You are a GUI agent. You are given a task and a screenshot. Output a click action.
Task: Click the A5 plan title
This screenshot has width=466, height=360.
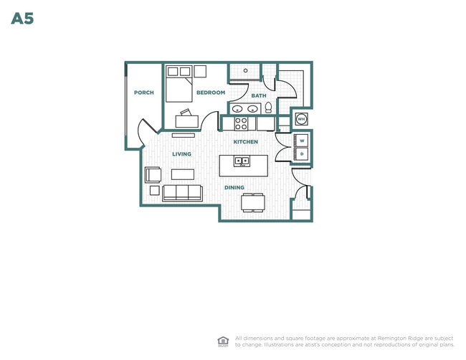pos(22,19)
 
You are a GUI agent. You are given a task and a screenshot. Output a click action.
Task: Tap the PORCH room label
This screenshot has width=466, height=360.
pos(144,93)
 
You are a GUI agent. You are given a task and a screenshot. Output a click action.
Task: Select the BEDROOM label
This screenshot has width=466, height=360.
pos(211,93)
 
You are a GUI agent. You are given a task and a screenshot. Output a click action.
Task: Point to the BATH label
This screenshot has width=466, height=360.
pos(259,95)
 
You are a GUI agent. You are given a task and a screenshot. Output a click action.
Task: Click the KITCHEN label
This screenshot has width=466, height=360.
pos(245,142)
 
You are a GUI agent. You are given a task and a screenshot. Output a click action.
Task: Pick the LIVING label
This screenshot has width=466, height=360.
pos(181,154)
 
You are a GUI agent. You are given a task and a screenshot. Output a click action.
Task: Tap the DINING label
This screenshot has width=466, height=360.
pos(234,188)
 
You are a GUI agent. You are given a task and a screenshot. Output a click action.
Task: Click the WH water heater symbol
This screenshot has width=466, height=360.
pos(301,119)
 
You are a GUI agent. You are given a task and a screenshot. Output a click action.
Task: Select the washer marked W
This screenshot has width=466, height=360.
pos(302,141)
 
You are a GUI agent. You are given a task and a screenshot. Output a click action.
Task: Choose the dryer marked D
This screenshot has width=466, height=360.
pos(302,154)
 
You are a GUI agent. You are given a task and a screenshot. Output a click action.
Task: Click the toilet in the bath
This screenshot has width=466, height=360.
pos(268,108)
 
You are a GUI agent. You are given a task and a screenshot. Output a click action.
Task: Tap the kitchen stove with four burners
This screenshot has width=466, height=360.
pos(241,123)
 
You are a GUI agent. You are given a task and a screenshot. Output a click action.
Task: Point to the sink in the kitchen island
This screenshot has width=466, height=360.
pos(242,161)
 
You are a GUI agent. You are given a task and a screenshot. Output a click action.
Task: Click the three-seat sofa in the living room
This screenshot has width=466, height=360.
pos(183,193)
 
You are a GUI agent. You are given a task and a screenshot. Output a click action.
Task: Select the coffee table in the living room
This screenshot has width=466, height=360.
pos(183,174)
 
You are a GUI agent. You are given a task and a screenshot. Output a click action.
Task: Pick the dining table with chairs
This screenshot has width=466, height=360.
pos(253,202)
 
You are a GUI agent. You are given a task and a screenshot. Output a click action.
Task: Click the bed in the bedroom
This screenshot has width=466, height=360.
pos(179,84)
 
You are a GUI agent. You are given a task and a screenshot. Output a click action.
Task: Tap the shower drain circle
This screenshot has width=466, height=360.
pos(245,71)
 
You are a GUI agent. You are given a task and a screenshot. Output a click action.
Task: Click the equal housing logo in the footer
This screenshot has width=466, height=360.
pos(223,341)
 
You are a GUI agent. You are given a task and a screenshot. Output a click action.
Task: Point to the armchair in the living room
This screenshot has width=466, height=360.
pos(153,175)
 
